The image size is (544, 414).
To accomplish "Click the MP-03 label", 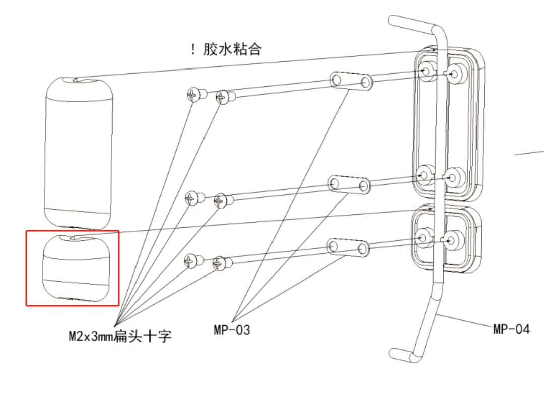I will (232, 330).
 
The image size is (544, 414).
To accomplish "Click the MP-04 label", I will (511, 329).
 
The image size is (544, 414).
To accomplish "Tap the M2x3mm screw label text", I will (120, 336).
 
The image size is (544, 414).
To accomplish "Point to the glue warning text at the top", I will (232, 50).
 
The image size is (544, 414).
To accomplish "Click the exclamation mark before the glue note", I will (192, 50).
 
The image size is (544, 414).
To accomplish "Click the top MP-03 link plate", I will (351, 81).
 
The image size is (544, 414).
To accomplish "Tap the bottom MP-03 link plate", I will (348, 247).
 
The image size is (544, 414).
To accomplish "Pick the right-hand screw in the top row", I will (225, 96).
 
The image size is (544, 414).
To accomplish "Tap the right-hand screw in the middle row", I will (223, 201).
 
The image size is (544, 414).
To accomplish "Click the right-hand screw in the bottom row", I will (221, 263).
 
